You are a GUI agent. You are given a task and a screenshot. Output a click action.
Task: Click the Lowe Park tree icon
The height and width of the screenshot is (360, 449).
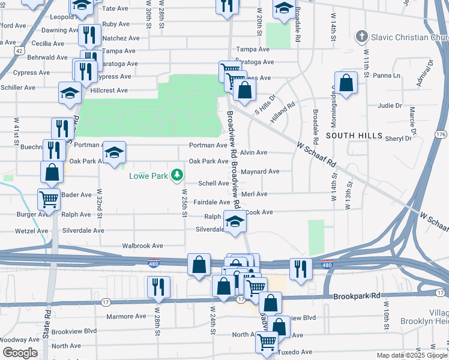coord(177,175)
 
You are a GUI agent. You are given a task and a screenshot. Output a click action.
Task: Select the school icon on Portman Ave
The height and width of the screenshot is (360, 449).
coord(113,152)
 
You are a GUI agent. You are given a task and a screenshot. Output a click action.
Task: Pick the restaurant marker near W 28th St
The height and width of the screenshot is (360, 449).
coord(159,287)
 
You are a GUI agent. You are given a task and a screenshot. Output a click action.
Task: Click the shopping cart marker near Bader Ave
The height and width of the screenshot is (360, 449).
coord(48,198)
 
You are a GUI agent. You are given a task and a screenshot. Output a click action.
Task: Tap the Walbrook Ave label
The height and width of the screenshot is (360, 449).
coord(143,246)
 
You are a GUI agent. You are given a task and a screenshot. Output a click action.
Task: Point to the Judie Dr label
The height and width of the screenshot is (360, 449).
coord(390,106)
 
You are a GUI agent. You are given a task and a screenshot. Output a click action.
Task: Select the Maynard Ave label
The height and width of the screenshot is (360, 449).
coord(260,172)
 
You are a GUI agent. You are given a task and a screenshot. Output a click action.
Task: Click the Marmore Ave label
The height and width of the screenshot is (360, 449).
coord(126,316)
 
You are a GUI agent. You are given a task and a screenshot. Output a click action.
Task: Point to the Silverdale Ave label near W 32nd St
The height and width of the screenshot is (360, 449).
coord(83,230)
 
